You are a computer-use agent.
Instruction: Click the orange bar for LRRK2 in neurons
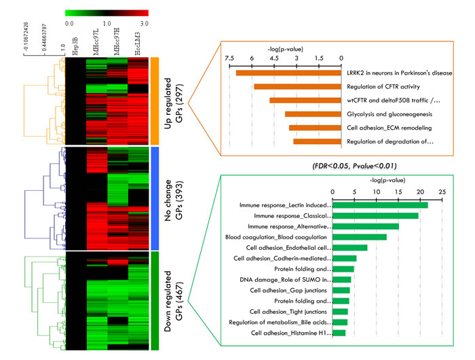pos(288,73)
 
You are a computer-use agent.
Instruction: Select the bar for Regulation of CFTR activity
pos(297,86)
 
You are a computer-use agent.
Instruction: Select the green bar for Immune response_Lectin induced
pos(379,204)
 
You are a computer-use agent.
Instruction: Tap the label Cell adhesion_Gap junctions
pos(290,290)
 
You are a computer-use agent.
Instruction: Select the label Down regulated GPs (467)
pos(174,301)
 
